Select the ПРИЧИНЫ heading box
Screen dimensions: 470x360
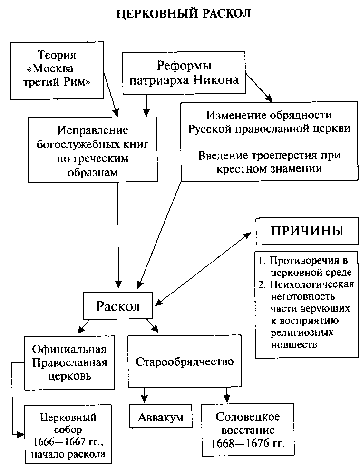click(306, 232)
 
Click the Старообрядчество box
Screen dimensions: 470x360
click(185, 362)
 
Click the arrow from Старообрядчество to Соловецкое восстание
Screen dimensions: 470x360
click(227, 394)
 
